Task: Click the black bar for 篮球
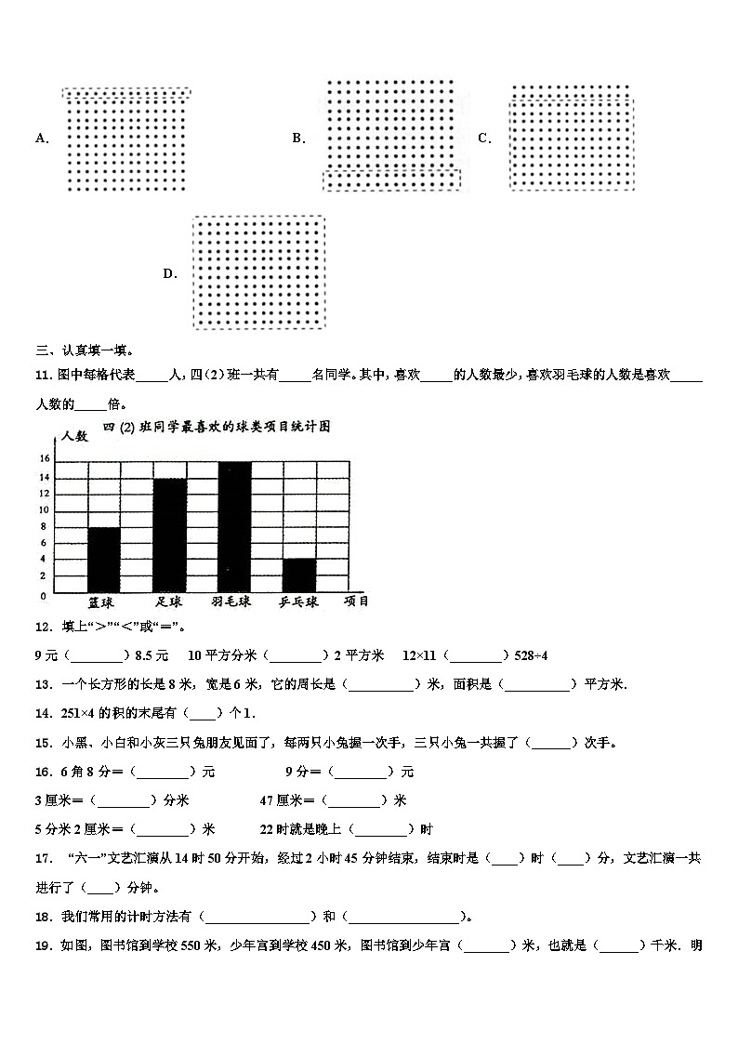tap(103, 560)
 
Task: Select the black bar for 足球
tap(169, 535)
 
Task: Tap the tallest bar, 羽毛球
tap(234, 526)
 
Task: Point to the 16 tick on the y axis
tap(44, 459)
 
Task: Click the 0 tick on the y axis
tap(44, 594)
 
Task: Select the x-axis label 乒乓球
tap(298, 602)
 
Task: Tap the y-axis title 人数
tap(74, 435)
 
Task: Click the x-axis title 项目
tap(356, 601)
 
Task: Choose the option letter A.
tap(41, 139)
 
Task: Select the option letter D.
tap(170, 273)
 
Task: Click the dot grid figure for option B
tap(390, 136)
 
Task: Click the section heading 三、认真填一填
tap(84, 350)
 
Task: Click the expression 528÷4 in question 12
tap(531, 655)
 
